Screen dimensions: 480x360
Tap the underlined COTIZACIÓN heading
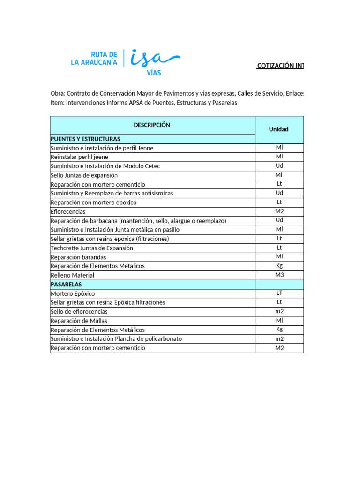click(280, 66)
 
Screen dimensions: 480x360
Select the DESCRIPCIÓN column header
click(152, 125)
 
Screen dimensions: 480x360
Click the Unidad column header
click(279, 129)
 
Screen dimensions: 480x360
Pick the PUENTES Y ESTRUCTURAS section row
click(85, 139)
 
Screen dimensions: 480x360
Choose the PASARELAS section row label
click(66, 284)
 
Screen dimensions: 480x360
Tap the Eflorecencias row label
click(68, 212)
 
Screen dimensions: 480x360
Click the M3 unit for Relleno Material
click(279, 275)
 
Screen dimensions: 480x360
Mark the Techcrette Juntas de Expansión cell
click(92, 248)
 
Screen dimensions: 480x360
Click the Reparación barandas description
click(78, 257)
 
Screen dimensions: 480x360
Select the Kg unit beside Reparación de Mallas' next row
click(279, 330)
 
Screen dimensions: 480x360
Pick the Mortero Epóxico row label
click(73, 293)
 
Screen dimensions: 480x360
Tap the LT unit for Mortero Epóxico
click(279, 293)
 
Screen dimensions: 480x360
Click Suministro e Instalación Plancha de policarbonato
click(116, 338)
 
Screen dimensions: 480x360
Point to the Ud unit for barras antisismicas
click(279, 193)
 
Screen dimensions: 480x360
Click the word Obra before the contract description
click(58, 93)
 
